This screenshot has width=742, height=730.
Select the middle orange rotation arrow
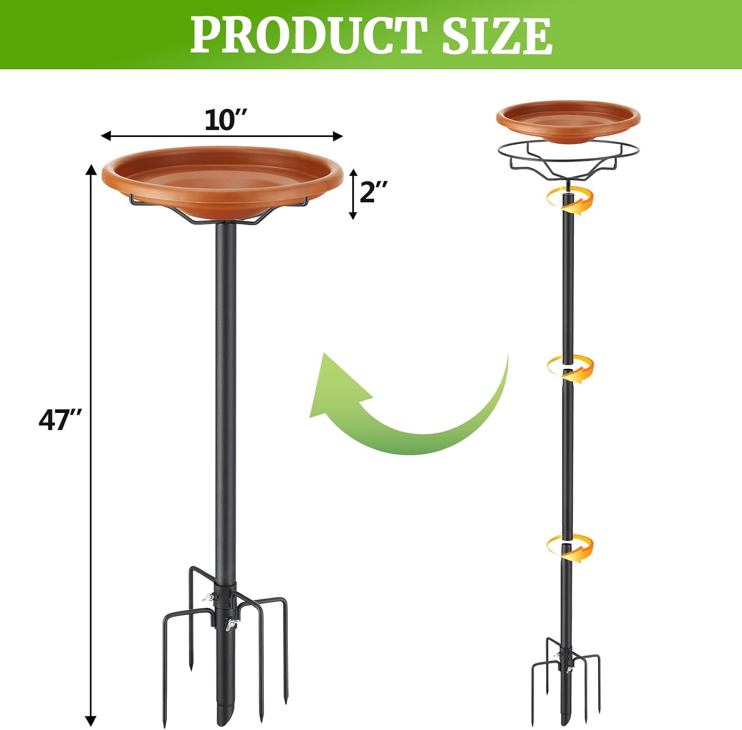coord(570,368)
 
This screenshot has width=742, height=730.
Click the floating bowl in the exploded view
coord(568,121)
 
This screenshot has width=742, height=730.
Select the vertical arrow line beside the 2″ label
coord(353,194)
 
